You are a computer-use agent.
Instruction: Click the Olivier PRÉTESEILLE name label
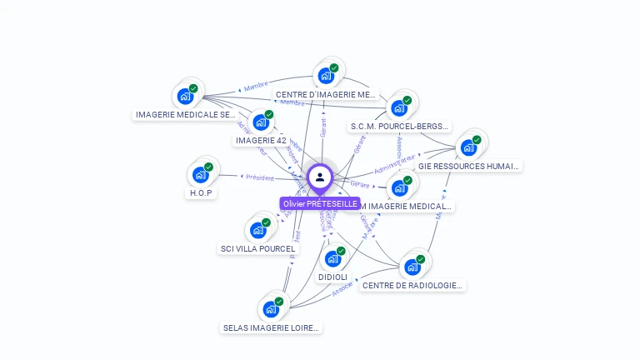click(320, 203)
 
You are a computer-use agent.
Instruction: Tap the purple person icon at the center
click(320, 177)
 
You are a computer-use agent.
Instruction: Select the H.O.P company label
click(200, 193)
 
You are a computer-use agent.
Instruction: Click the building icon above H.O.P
click(200, 174)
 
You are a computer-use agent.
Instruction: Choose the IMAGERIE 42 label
click(261, 141)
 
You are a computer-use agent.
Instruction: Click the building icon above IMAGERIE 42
click(261, 122)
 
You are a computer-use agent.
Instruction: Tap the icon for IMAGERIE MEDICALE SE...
click(185, 96)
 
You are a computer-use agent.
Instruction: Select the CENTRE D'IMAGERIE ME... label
click(326, 95)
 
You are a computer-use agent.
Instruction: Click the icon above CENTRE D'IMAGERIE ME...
click(326, 76)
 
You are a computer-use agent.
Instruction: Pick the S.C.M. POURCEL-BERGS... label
click(400, 127)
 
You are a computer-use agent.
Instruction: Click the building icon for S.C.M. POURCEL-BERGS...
click(399, 108)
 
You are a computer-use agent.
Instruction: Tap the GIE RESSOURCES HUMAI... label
click(469, 166)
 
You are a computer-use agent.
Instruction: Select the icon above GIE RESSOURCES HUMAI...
click(468, 147)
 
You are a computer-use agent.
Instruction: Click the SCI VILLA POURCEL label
click(257, 248)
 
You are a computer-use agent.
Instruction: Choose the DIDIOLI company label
click(332, 277)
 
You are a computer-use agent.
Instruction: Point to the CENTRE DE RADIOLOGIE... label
click(412, 285)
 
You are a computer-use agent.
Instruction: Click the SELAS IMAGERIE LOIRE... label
click(271, 327)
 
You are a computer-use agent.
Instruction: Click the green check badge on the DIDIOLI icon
click(341, 251)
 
